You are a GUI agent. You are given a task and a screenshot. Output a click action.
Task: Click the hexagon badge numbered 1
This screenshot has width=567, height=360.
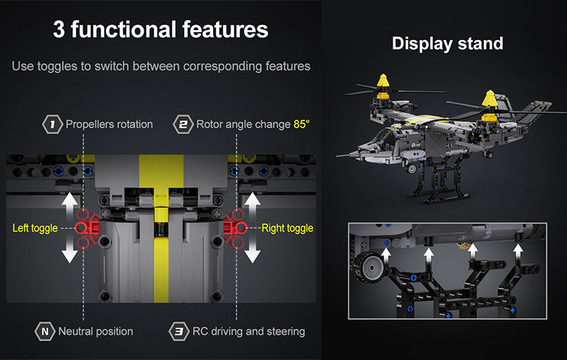(x=52, y=124)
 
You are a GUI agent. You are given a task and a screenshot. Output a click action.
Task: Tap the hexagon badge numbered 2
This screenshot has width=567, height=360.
(x=183, y=124)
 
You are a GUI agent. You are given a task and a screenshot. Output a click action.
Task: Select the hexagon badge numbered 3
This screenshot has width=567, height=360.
(x=179, y=331)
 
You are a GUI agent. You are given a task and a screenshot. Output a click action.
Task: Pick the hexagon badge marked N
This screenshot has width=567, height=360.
(x=44, y=331)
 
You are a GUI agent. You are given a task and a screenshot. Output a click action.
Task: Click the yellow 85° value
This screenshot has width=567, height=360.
(x=301, y=124)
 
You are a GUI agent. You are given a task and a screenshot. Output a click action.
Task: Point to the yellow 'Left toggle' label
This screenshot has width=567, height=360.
(x=35, y=228)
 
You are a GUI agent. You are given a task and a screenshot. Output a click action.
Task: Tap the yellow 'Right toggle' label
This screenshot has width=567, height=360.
(x=288, y=228)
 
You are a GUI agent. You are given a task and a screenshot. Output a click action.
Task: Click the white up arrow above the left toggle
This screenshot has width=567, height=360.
(x=70, y=205)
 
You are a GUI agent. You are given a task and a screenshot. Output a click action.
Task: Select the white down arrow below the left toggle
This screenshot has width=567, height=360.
(x=70, y=250)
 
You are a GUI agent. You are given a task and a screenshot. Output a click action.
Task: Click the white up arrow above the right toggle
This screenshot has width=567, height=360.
(x=253, y=205)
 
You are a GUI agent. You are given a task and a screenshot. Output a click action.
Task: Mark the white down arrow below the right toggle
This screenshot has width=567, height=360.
(x=253, y=250)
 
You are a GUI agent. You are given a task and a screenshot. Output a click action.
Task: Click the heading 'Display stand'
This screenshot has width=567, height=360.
(x=448, y=44)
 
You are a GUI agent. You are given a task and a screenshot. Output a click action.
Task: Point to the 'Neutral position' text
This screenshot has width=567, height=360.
(x=96, y=331)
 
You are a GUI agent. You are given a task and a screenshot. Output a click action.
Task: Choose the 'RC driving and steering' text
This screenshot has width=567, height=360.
(x=249, y=331)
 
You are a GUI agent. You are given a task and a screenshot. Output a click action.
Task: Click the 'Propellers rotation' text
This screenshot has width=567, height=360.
(x=109, y=124)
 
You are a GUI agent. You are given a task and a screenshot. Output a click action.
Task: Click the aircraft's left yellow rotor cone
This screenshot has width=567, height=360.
(x=383, y=81)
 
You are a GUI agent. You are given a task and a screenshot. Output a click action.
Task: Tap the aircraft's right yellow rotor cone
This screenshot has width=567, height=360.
(x=489, y=98)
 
